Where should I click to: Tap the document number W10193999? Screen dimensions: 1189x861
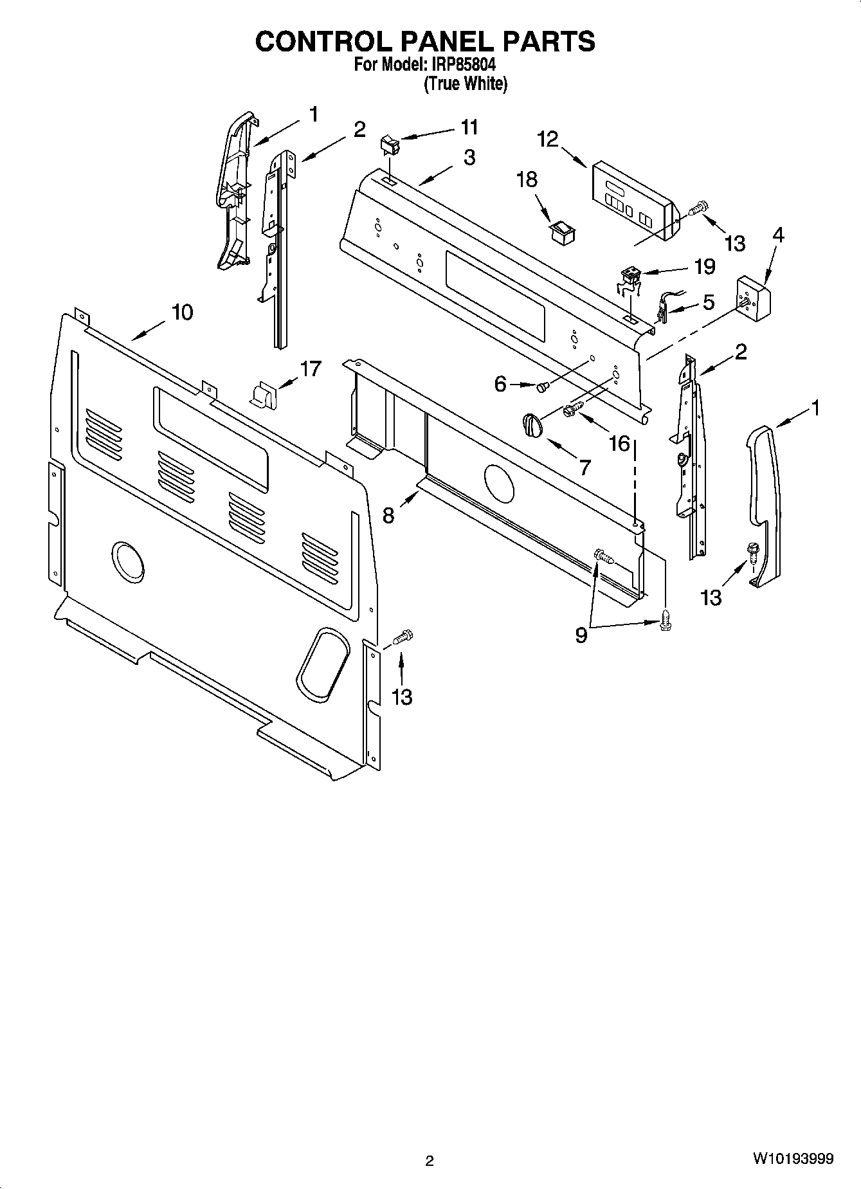pos(793,1159)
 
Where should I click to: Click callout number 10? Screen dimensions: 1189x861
pos(182,313)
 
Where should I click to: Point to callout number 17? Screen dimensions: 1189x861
pos(310,369)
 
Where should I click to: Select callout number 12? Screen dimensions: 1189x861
pos(548,140)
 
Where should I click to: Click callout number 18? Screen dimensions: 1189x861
pos(527,179)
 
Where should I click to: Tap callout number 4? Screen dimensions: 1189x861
pos(777,235)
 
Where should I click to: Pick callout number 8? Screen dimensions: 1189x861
pos(388,515)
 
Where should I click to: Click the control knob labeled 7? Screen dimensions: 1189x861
pos(531,424)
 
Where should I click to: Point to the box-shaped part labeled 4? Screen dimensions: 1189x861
pos(753,299)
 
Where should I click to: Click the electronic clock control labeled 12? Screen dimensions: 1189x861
pos(633,200)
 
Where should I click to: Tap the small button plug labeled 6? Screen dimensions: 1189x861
pos(541,386)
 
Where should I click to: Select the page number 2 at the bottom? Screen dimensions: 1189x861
pos(430,1161)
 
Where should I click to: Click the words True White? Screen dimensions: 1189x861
pos(466,84)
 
